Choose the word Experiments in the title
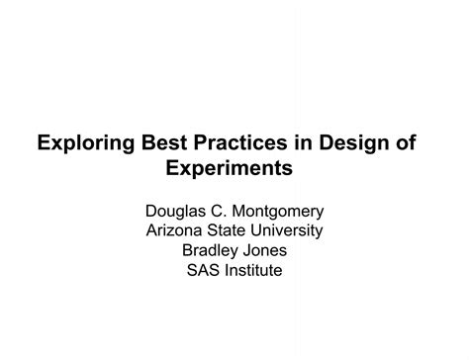click(x=234, y=169)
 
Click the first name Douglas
click(x=177, y=211)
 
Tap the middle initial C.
click(x=222, y=211)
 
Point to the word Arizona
click(x=176, y=230)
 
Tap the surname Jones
click(x=266, y=250)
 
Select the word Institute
click(x=255, y=270)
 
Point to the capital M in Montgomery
click(x=242, y=211)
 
